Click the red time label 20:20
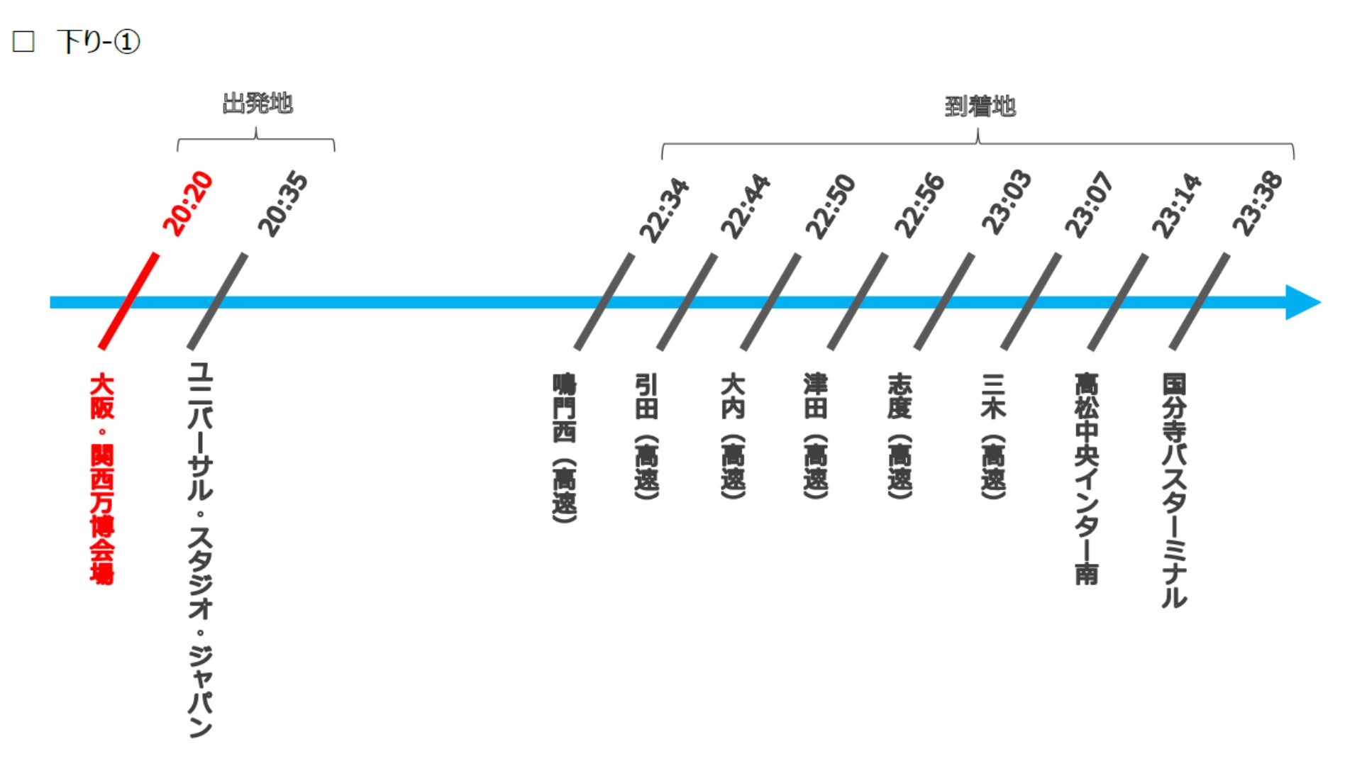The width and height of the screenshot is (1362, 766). click(x=188, y=203)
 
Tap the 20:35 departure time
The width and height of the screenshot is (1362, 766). click(x=283, y=204)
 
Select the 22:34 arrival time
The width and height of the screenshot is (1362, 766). click(x=664, y=210)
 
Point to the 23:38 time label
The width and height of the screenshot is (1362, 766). click(x=1258, y=204)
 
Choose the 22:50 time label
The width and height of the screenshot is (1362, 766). click(x=831, y=206)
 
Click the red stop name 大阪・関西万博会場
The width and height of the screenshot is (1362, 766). click(x=102, y=479)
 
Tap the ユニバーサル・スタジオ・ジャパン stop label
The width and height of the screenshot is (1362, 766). click(x=200, y=550)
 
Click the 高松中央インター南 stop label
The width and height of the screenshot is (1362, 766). click(x=1086, y=479)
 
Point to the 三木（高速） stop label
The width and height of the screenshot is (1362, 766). click(x=993, y=436)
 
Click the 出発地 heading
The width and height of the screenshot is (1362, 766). click(x=258, y=104)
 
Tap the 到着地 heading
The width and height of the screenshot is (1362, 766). click(x=980, y=107)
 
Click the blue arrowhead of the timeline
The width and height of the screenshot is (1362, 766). click(x=1302, y=303)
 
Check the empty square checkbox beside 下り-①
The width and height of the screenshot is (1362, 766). click(x=23, y=42)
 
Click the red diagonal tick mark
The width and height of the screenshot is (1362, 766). click(x=128, y=301)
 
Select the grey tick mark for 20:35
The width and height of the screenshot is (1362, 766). click(x=217, y=301)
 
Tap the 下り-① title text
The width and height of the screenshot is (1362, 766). click(x=99, y=42)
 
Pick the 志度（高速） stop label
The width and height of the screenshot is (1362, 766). click(x=899, y=436)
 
